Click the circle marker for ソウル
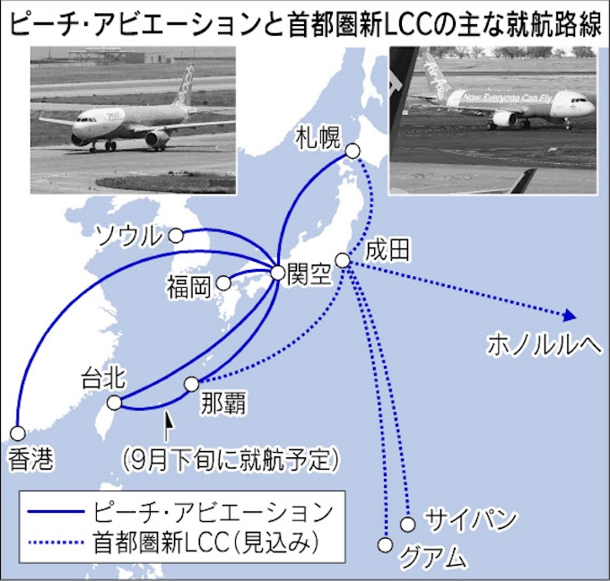coord(177,236)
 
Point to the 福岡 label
coord(188,286)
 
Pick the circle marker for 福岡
coord(223,283)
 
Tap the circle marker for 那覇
coord(191,384)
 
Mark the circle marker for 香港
coord(17,430)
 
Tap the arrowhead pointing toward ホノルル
coord(567,315)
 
